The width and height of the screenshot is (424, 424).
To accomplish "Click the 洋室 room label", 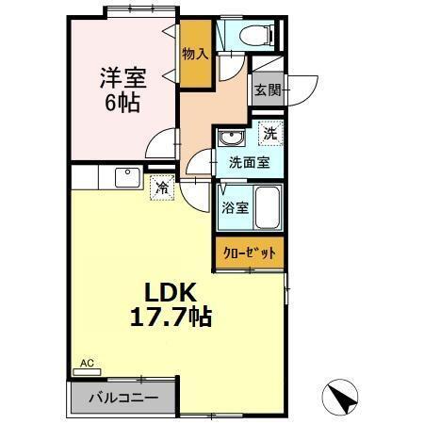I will [122, 76].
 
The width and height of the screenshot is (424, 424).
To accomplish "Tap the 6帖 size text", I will [122, 103].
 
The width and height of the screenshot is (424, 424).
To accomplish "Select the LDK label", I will [171, 291].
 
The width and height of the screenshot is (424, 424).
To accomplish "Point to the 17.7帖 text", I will [171, 317].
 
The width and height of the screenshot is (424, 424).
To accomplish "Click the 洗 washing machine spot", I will [271, 134].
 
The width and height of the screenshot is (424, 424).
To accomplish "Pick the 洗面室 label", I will [250, 163].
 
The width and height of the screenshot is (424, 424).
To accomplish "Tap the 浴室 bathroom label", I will [236, 207].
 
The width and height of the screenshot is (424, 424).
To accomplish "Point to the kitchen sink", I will [125, 176].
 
